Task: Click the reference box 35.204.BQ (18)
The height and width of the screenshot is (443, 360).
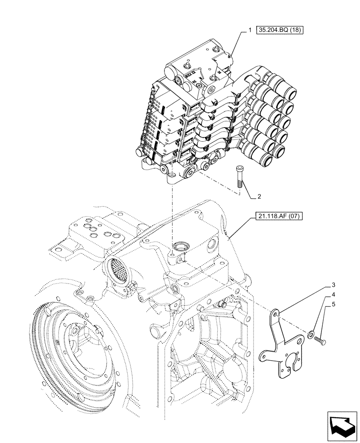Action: [x=282, y=30]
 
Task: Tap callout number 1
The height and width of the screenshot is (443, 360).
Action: [x=250, y=30]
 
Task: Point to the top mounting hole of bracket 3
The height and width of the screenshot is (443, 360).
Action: [x=276, y=313]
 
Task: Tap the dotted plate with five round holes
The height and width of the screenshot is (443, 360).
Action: [x=95, y=233]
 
